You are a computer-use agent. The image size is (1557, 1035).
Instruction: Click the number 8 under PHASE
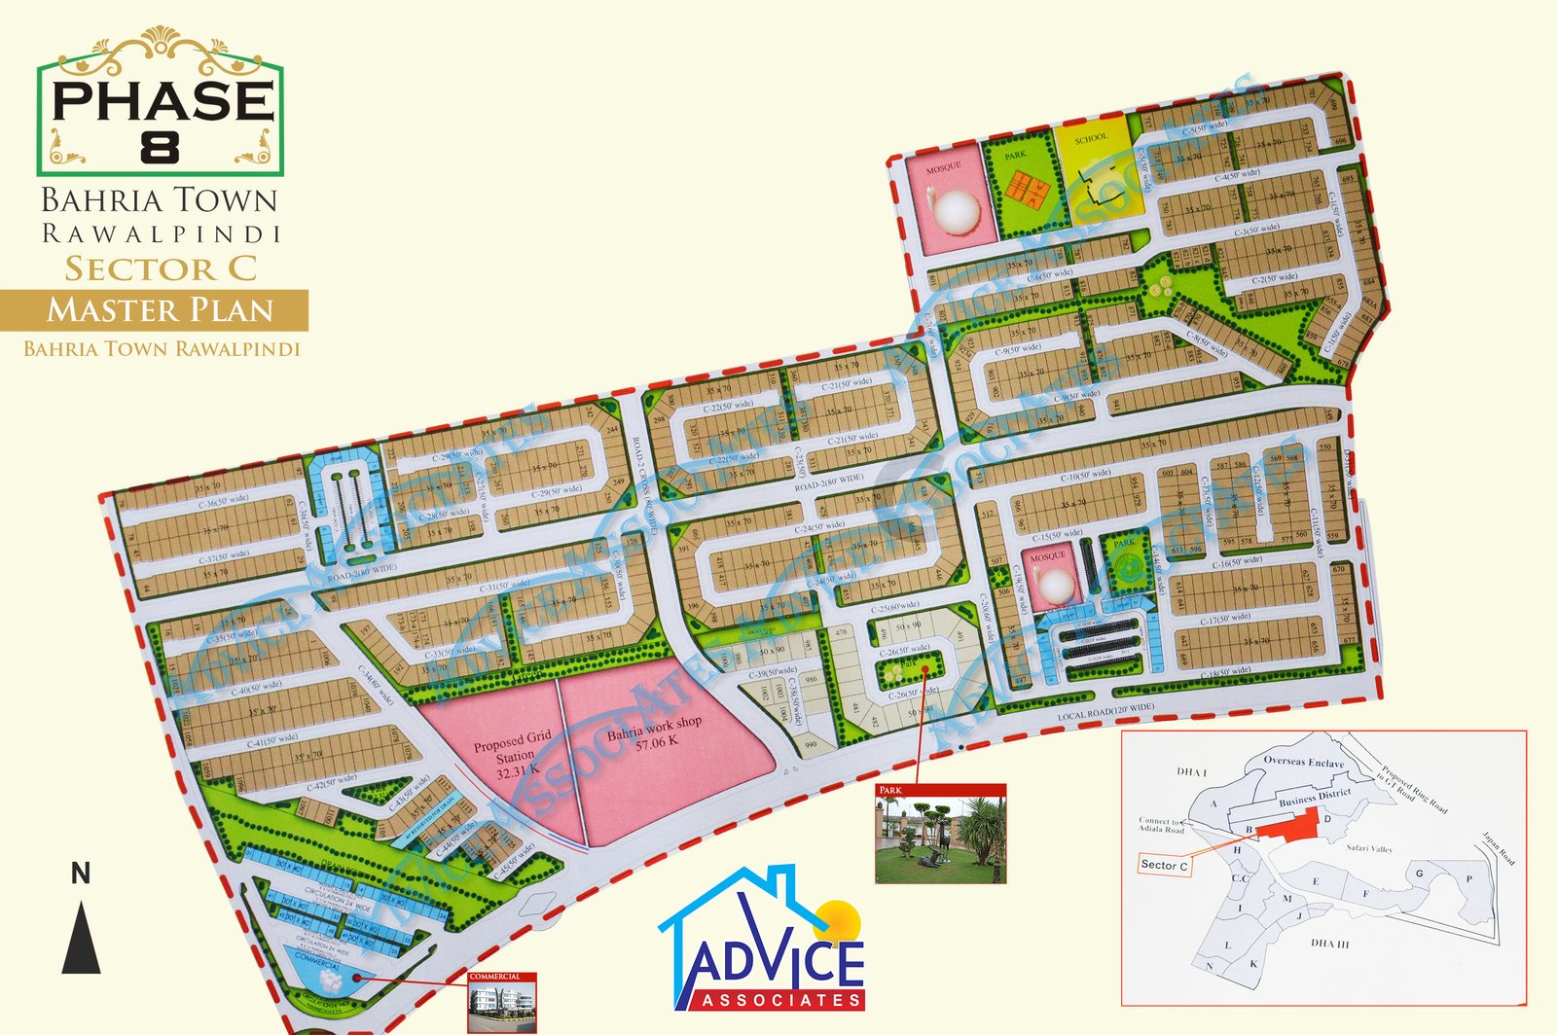160,147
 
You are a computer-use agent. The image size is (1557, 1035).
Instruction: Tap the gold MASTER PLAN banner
161,310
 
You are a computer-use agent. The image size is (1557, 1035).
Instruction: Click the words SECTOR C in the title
161,268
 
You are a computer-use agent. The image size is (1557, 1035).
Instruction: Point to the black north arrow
82,937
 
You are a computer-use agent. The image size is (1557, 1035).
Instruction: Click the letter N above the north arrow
81,874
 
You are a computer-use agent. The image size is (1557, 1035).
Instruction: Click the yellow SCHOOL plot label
1091,138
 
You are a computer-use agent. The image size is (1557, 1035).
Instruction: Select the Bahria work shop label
654,732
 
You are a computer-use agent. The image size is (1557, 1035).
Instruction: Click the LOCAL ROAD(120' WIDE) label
1105,712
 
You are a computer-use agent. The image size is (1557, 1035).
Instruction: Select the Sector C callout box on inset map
1164,865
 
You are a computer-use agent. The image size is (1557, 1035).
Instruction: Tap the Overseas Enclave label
1303,762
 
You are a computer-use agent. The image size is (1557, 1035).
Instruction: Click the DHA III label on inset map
1329,944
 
